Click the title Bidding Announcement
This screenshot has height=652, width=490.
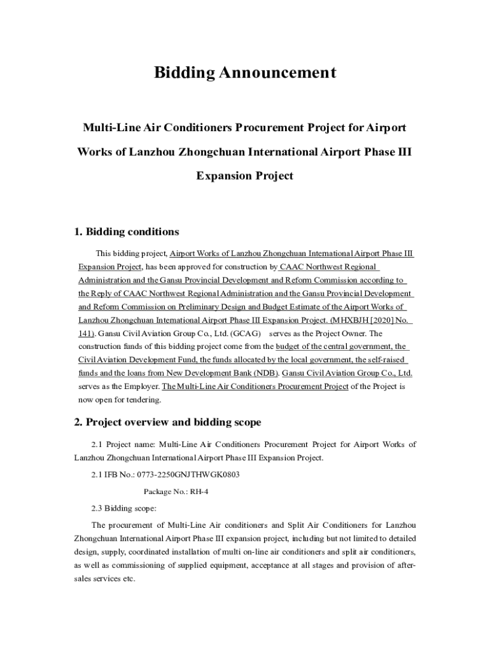[244, 73]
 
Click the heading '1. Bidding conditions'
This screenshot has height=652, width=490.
[127, 231]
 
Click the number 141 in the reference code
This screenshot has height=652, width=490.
[86, 333]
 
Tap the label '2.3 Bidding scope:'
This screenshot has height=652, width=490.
[119, 508]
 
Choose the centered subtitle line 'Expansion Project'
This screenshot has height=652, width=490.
[244, 176]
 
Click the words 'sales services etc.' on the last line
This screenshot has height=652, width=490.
[104, 579]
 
